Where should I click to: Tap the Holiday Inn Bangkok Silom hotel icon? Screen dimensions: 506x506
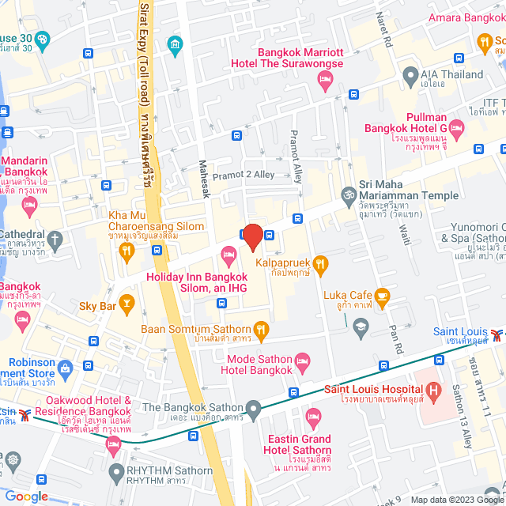(229, 255)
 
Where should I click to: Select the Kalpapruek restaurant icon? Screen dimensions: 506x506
(320, 264)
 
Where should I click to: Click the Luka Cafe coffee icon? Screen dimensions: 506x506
(383, 299)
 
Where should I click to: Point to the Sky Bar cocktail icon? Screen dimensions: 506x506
(128, 304)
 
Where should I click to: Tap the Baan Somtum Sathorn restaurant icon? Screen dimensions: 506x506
(262, 328)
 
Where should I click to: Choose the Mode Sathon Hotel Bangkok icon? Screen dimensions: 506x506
(305, 364)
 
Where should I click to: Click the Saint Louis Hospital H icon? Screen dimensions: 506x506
(432, 390)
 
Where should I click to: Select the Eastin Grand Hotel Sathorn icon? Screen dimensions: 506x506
(314, 416)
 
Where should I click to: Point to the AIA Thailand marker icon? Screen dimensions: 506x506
(410, 76)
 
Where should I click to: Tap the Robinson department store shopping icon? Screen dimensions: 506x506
(66, 365)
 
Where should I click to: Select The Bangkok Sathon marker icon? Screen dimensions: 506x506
(254, 409)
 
